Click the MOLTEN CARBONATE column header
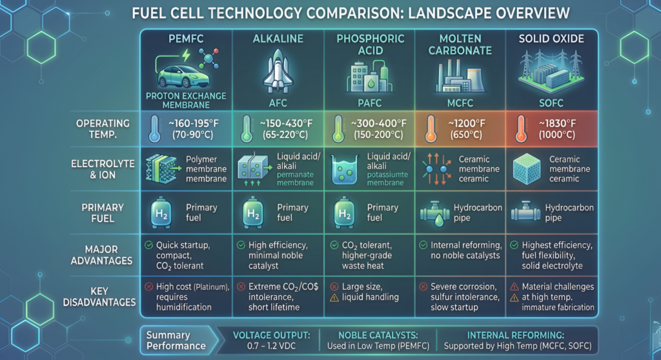coord(460,45)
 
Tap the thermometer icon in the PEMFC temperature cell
coord(152,128)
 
